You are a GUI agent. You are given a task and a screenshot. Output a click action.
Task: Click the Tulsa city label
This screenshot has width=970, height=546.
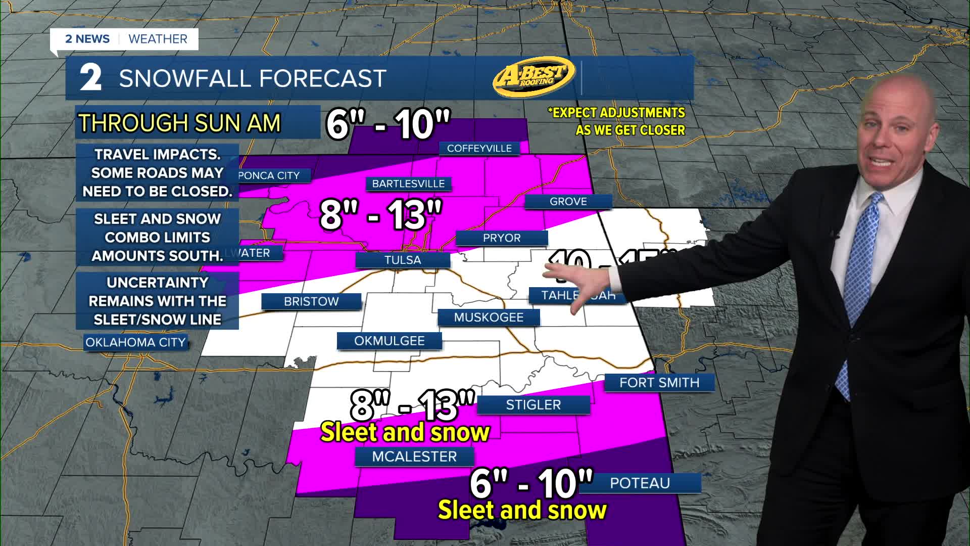click(403, 260)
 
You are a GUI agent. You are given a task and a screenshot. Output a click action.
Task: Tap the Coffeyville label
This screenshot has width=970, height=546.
click(479, 148)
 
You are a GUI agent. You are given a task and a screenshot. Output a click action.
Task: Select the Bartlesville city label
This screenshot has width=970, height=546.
click(408, 184)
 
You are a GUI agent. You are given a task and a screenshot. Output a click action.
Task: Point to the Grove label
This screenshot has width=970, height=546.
click(568, 201)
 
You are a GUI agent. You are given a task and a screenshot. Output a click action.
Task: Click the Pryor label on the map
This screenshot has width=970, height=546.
click(501, 238)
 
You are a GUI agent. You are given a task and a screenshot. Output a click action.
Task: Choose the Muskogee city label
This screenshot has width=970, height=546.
click(489, 317)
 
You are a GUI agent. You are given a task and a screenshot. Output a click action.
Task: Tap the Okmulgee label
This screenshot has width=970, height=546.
click(389, 341)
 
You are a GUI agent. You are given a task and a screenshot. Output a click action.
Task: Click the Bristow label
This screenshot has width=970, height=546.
click(311, 301)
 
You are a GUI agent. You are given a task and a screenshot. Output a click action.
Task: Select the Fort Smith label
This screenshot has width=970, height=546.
click(659, 383)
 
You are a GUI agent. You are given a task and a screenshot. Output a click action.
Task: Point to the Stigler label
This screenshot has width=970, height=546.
click(533, 405)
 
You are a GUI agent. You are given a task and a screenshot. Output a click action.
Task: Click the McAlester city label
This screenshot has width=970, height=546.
click(414, 457)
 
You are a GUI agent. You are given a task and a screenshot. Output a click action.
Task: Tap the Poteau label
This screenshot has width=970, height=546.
click(640, 483)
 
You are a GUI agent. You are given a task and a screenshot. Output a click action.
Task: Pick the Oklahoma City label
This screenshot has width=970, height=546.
click(135, 342)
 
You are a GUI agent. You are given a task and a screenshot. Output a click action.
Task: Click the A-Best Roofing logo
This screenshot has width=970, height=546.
click(534, 76)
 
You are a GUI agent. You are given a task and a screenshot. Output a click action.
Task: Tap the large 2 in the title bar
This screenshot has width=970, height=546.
click(91, 78)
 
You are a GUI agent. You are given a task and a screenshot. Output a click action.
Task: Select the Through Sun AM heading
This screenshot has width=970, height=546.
click(179, 123)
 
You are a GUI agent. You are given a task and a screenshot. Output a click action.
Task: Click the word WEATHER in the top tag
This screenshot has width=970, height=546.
click(158, 39)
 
